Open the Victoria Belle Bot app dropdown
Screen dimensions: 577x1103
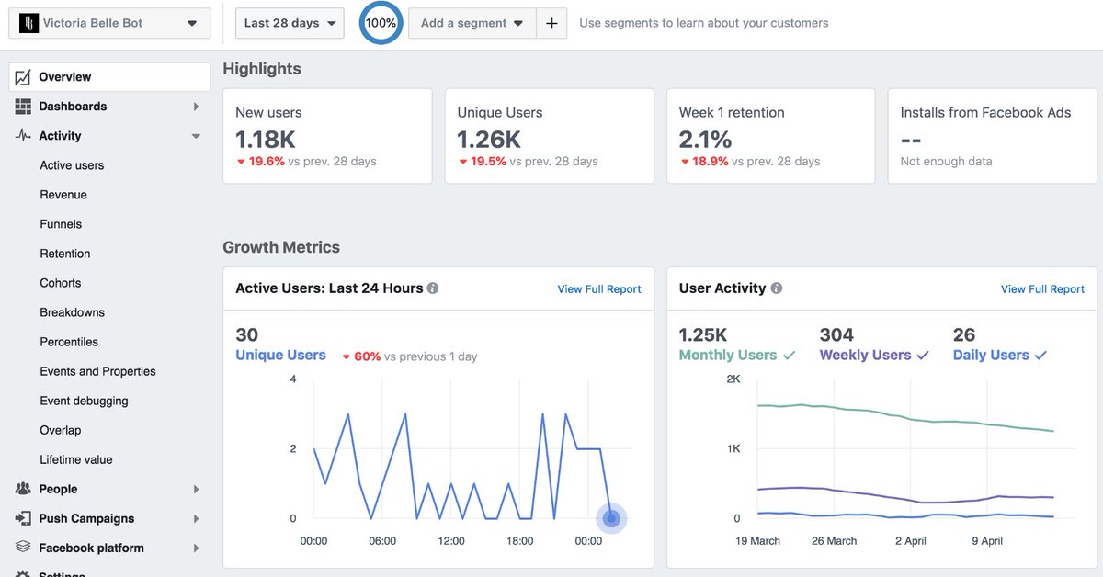click(109, 23)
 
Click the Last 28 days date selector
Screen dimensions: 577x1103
click(290, 23)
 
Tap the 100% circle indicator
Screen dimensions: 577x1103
click(381, 23)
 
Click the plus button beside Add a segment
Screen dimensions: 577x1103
click(551, 23)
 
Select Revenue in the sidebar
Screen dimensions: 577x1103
click(63, 195)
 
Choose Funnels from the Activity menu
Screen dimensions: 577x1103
click(61, 224)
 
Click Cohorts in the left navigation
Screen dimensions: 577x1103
click(61, 283)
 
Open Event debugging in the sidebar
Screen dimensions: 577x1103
click(84, 401)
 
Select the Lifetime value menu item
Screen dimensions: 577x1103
click(75, 459)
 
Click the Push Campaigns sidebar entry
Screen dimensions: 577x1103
click(86, 518)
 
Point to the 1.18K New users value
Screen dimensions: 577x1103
click(266, 140)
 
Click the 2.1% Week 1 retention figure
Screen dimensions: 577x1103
click(705, 140)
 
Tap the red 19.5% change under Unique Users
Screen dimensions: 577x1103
click(488, 162)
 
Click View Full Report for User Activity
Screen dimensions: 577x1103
click(1042, 288)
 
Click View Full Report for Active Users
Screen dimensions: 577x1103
click(599, 288)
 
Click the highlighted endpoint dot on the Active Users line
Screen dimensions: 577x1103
click(611, 518)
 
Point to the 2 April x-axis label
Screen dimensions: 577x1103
click(910, 541)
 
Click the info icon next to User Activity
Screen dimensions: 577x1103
click(777, 288)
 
